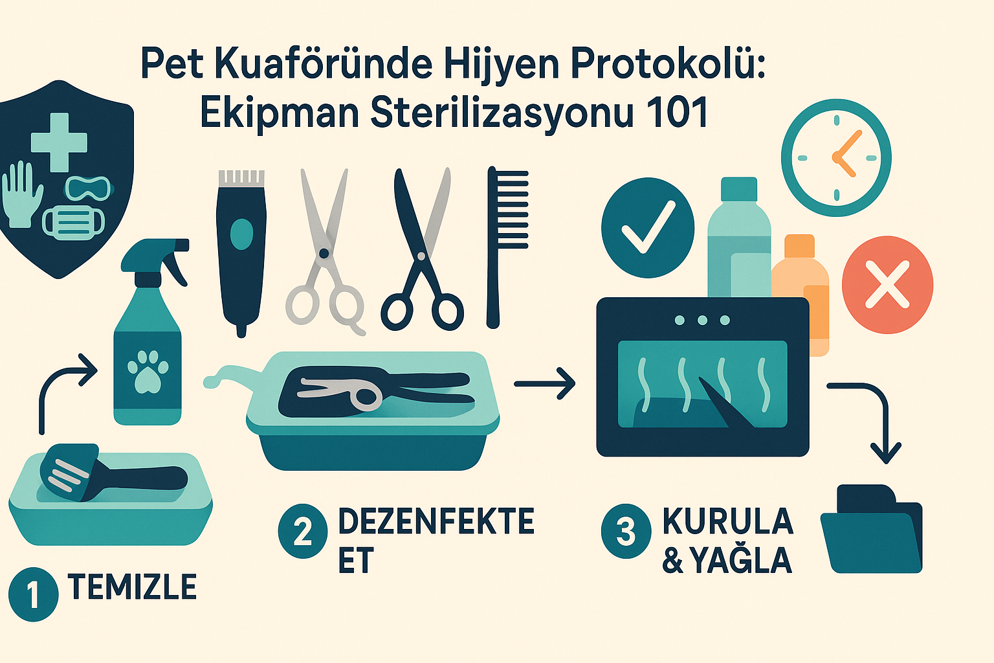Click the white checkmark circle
pos(647,228)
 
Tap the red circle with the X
pos(887,285)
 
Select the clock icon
pos(837,157)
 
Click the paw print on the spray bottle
pos(148,372)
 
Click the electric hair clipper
pos(241,253)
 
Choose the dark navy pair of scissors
pos(422,249)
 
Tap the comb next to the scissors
pos(507,247)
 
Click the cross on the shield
pos(59,142)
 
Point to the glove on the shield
pos(21,194)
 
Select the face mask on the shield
pos(73,223)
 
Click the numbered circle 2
pos(303,531)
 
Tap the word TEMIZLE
pos(132,587)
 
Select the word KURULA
pos(728,521)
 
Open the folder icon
pos(871,528)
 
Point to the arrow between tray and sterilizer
pos(545,384)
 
